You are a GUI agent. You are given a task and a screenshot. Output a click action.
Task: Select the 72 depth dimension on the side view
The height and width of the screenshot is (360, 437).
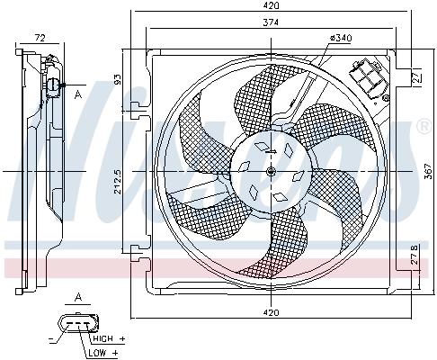(40, 38)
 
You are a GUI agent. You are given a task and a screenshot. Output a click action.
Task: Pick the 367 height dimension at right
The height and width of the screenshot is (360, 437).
(425, 171)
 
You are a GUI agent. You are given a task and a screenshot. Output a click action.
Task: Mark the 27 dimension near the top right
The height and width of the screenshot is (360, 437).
(416, 78)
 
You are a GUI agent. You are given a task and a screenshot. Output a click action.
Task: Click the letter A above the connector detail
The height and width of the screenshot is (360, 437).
(78, 297)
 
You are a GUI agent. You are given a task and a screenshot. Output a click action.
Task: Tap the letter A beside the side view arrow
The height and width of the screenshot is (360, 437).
(78, 94)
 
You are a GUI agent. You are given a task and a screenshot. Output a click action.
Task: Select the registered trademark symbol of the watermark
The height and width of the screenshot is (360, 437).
(424, 127)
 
